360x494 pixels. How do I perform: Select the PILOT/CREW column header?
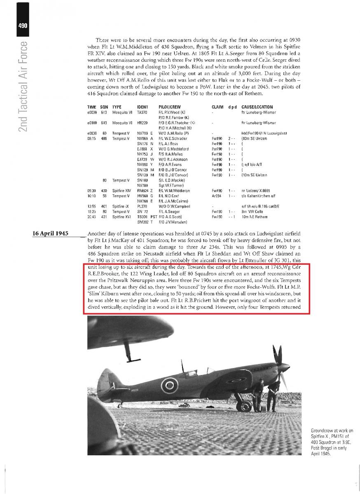tap(169, 107)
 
